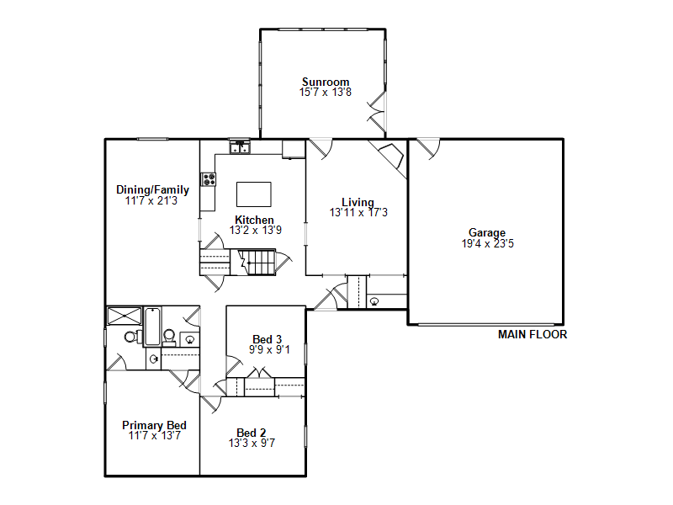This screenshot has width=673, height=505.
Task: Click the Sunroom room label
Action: (326, 82)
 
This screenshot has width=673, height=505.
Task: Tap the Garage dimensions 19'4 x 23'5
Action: (488, 243)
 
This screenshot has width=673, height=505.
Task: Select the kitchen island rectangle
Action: (254, 194)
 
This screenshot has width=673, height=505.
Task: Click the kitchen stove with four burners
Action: (209, 179)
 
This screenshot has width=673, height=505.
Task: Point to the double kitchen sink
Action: (240, 147)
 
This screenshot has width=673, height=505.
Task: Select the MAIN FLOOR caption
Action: (533, 334)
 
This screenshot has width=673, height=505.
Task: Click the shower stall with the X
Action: (124, 316)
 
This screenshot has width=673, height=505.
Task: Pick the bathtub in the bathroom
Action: (152, 327)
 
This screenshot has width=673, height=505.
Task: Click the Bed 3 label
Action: (267, 339)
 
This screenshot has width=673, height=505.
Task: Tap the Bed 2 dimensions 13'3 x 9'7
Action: (252, 443)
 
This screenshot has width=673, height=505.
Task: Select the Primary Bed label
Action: (154, 425)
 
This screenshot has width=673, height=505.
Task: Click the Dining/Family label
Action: (152, 190)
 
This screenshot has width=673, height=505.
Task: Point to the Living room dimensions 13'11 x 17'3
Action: (358, 212)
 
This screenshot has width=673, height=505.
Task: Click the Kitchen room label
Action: (254, 220)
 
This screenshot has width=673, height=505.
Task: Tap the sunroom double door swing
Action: (377, 112)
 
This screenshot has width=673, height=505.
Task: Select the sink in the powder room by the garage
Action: (374, 301)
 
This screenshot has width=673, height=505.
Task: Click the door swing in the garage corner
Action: (428, 149)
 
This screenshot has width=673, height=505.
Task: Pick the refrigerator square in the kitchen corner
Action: (294, 149)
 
